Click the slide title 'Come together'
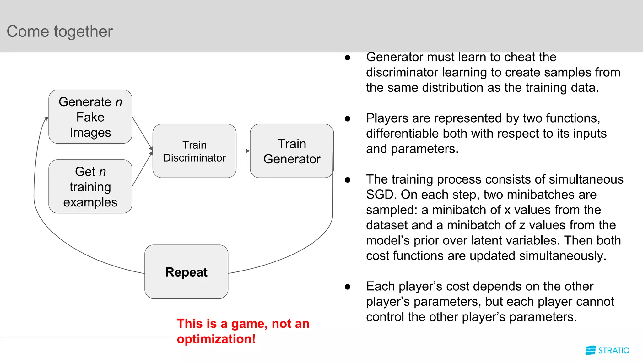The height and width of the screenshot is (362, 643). pos(60,31)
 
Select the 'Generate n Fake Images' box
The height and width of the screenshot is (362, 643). pos(90,117)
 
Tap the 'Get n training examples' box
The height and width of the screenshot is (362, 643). pos(90,187)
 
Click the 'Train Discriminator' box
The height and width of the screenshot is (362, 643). pos(194,151)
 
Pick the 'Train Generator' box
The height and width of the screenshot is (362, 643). pos(292,151)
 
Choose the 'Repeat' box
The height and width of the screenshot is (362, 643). pos(186,272)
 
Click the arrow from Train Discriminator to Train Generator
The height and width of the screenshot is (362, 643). pos(243,151)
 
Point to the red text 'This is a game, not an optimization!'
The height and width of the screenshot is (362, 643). pos(243,331)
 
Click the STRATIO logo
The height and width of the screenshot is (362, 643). pos(607,350)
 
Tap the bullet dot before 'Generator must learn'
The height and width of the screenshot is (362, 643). pos(347,58)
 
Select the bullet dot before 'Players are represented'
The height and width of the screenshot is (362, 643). pos(347,119)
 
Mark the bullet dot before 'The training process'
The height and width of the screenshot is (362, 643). pos(347,180)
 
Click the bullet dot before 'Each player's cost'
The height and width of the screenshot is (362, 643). pos(347,287)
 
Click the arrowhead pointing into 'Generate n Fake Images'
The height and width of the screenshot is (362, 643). pos(46,119)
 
